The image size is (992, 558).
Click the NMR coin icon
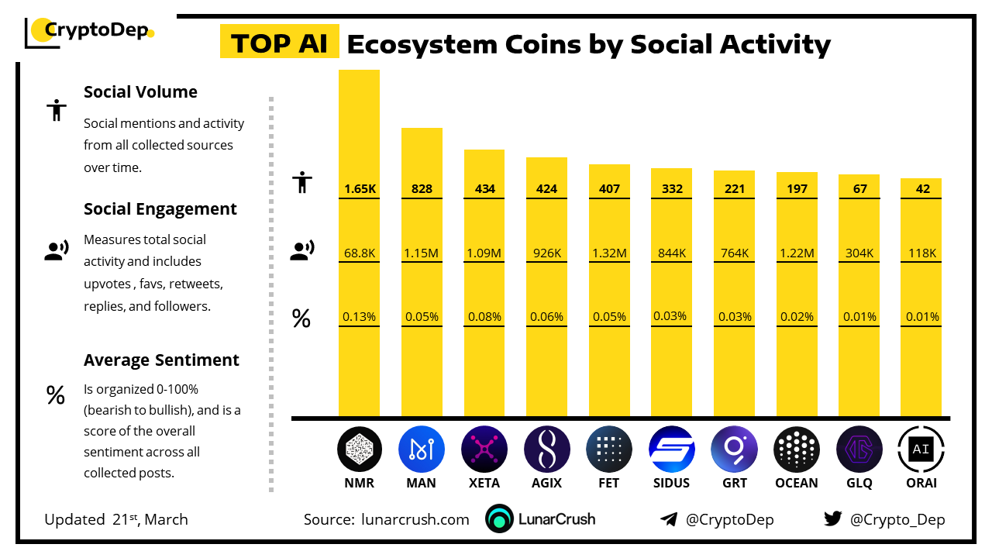(x=360, y=449)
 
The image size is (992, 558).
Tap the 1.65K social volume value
(x=359, y=188)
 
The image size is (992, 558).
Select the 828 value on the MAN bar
(x=422, y=188)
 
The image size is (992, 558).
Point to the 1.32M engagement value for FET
(x=609, y=253)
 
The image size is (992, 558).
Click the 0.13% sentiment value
(x=359, y=316)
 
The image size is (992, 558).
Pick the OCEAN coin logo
(x=797, y=449)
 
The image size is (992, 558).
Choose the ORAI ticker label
(x=921, y=483)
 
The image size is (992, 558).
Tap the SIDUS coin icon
(x=672, y=449)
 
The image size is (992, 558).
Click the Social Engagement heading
(x=160, y=209)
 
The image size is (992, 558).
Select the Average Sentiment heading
(x=161, y=360)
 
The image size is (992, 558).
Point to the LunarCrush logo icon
(x=500, y=519)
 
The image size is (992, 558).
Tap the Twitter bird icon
(x=832, y=519)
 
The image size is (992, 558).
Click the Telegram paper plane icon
(x=669, y=519)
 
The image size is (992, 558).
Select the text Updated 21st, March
(x=116, y=519)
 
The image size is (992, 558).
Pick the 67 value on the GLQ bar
(x=859, y=188)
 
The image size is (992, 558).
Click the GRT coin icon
(x=734, y=449)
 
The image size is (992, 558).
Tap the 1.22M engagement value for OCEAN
(x=797, y=253)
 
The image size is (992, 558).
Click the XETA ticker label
(x=484, y=483)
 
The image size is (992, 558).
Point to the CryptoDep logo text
(x=96, y=30)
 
